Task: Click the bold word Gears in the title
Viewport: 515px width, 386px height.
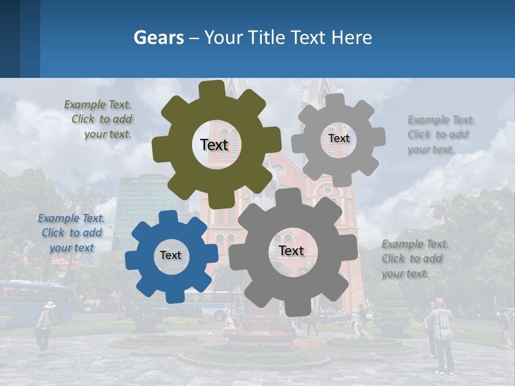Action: [x=158, y=38]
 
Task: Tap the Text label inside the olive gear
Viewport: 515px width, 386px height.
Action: [x=214, y=145]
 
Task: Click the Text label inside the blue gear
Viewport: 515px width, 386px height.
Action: [x=171, y=255]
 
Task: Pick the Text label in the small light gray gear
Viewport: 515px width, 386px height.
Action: [x=339, y=138]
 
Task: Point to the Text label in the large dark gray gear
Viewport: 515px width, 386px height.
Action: [x=291, y=250]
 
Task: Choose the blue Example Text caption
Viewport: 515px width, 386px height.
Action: [x=71, y=233]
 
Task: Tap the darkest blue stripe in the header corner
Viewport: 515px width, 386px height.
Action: [x=10, y=39]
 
